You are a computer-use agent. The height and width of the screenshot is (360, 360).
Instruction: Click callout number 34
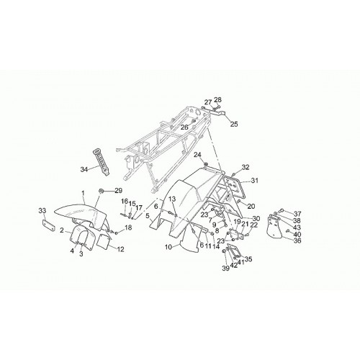point(84,170)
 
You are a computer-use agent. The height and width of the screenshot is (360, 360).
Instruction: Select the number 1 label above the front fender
point(83,193)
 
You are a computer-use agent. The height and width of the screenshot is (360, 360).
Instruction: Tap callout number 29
point(118,191)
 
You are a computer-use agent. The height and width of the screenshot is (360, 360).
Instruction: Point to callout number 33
point(42,211)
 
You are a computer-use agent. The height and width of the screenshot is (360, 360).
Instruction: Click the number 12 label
point(120,249)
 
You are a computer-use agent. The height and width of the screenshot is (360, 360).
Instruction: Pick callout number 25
point(234,124)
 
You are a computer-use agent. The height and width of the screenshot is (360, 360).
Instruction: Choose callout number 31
point(254,180)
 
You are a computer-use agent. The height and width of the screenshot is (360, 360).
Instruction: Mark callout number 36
point(297,240)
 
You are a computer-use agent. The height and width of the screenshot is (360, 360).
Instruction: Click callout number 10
point(168,247)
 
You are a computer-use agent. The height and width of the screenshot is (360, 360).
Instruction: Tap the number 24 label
point(197,155)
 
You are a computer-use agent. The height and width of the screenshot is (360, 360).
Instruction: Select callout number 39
point(225,269)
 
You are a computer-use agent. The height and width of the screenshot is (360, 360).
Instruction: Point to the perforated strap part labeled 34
point(101,162)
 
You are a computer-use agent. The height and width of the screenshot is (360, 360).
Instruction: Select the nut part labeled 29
point(101,191)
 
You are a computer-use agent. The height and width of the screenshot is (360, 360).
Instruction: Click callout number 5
point(148,215)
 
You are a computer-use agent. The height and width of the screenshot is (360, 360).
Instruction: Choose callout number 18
point(128,228)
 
